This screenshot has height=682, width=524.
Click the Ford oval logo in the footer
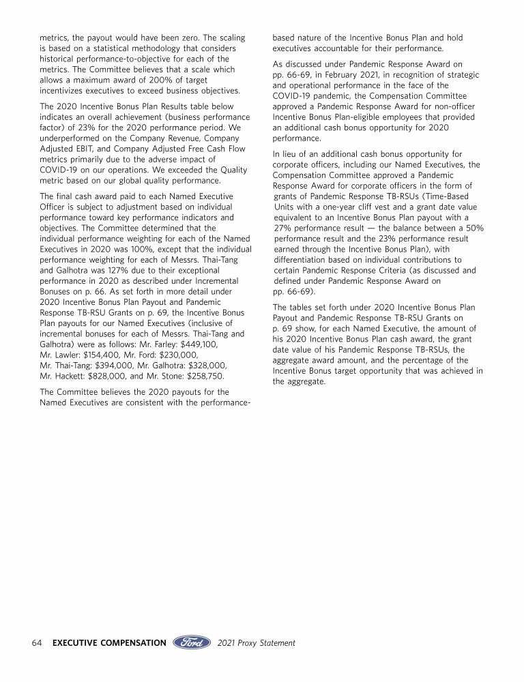[x=193, y=642]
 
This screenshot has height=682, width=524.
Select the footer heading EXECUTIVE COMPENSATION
[x=109, y=642]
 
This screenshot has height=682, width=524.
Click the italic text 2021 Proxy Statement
[x=257, y=642]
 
